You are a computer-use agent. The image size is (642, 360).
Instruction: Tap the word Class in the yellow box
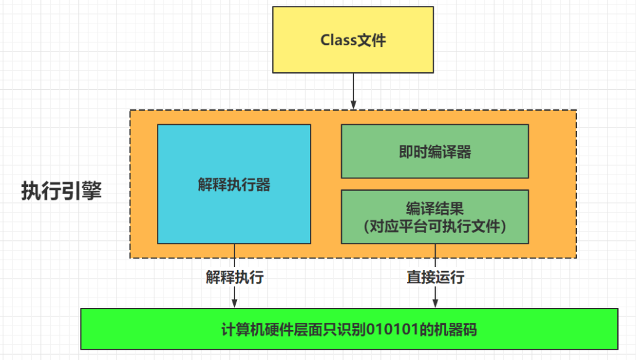pos(337,40)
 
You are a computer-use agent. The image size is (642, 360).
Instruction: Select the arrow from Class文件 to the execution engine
pos(353,91)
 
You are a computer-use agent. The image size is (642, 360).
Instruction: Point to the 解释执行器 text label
pos(234,185)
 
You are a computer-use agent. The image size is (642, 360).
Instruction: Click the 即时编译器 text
pos(434,152)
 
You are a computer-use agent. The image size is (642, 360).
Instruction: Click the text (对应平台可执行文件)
pos(434,227)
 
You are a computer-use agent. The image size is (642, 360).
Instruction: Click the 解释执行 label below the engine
pos(234,277)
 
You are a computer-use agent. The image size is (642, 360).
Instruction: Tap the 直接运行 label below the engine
pos(435,277)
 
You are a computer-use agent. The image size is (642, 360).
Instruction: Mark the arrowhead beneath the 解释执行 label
pos(234,302)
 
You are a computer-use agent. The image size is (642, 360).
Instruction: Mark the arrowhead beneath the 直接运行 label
pos(435,302)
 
